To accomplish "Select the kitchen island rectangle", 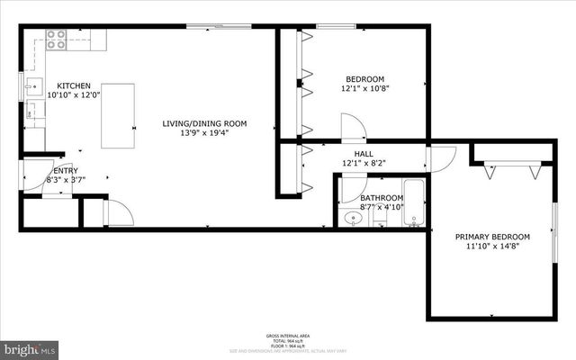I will (x=118, y=115).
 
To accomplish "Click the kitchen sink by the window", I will (x=31, y=87).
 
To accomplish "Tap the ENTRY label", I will (x=65, y=170).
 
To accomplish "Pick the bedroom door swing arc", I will (x=354, y=128).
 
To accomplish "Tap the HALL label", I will (x=364, y=154).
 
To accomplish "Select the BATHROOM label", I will (x=382, y=197).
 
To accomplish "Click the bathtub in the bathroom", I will (x=415, y=205).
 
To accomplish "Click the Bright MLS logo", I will (x=29, y=347).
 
